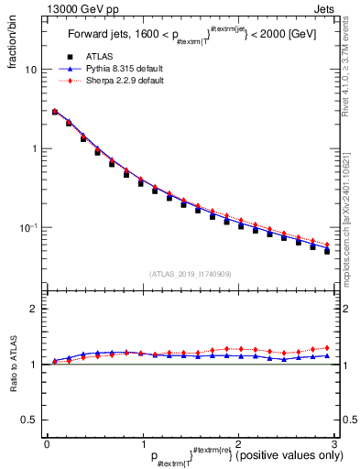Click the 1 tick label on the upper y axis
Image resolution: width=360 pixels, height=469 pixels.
click(x=35, y=148)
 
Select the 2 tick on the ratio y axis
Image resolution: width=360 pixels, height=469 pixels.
click(x=35, y=309)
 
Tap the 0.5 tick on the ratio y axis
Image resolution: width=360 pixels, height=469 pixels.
click(x=31, y=420)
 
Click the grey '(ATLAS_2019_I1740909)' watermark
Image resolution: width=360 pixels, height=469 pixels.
click(x=191, y=274)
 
